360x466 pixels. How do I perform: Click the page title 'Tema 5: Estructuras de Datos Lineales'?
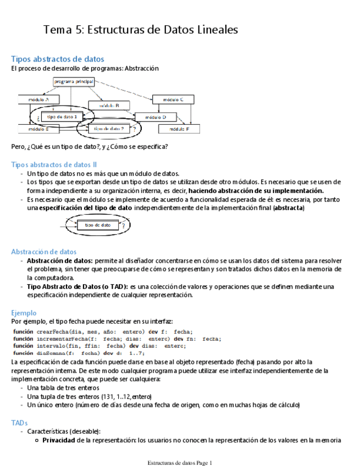click(141, 30)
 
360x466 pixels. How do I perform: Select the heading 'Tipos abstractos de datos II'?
click(54, 164)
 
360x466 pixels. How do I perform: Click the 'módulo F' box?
click(179, 129)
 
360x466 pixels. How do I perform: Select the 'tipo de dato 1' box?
click(62, 116)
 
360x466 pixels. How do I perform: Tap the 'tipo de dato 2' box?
click(108, 129)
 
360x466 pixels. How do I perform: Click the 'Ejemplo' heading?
click(24, 312)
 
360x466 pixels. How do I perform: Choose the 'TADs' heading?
click(19, 423)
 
